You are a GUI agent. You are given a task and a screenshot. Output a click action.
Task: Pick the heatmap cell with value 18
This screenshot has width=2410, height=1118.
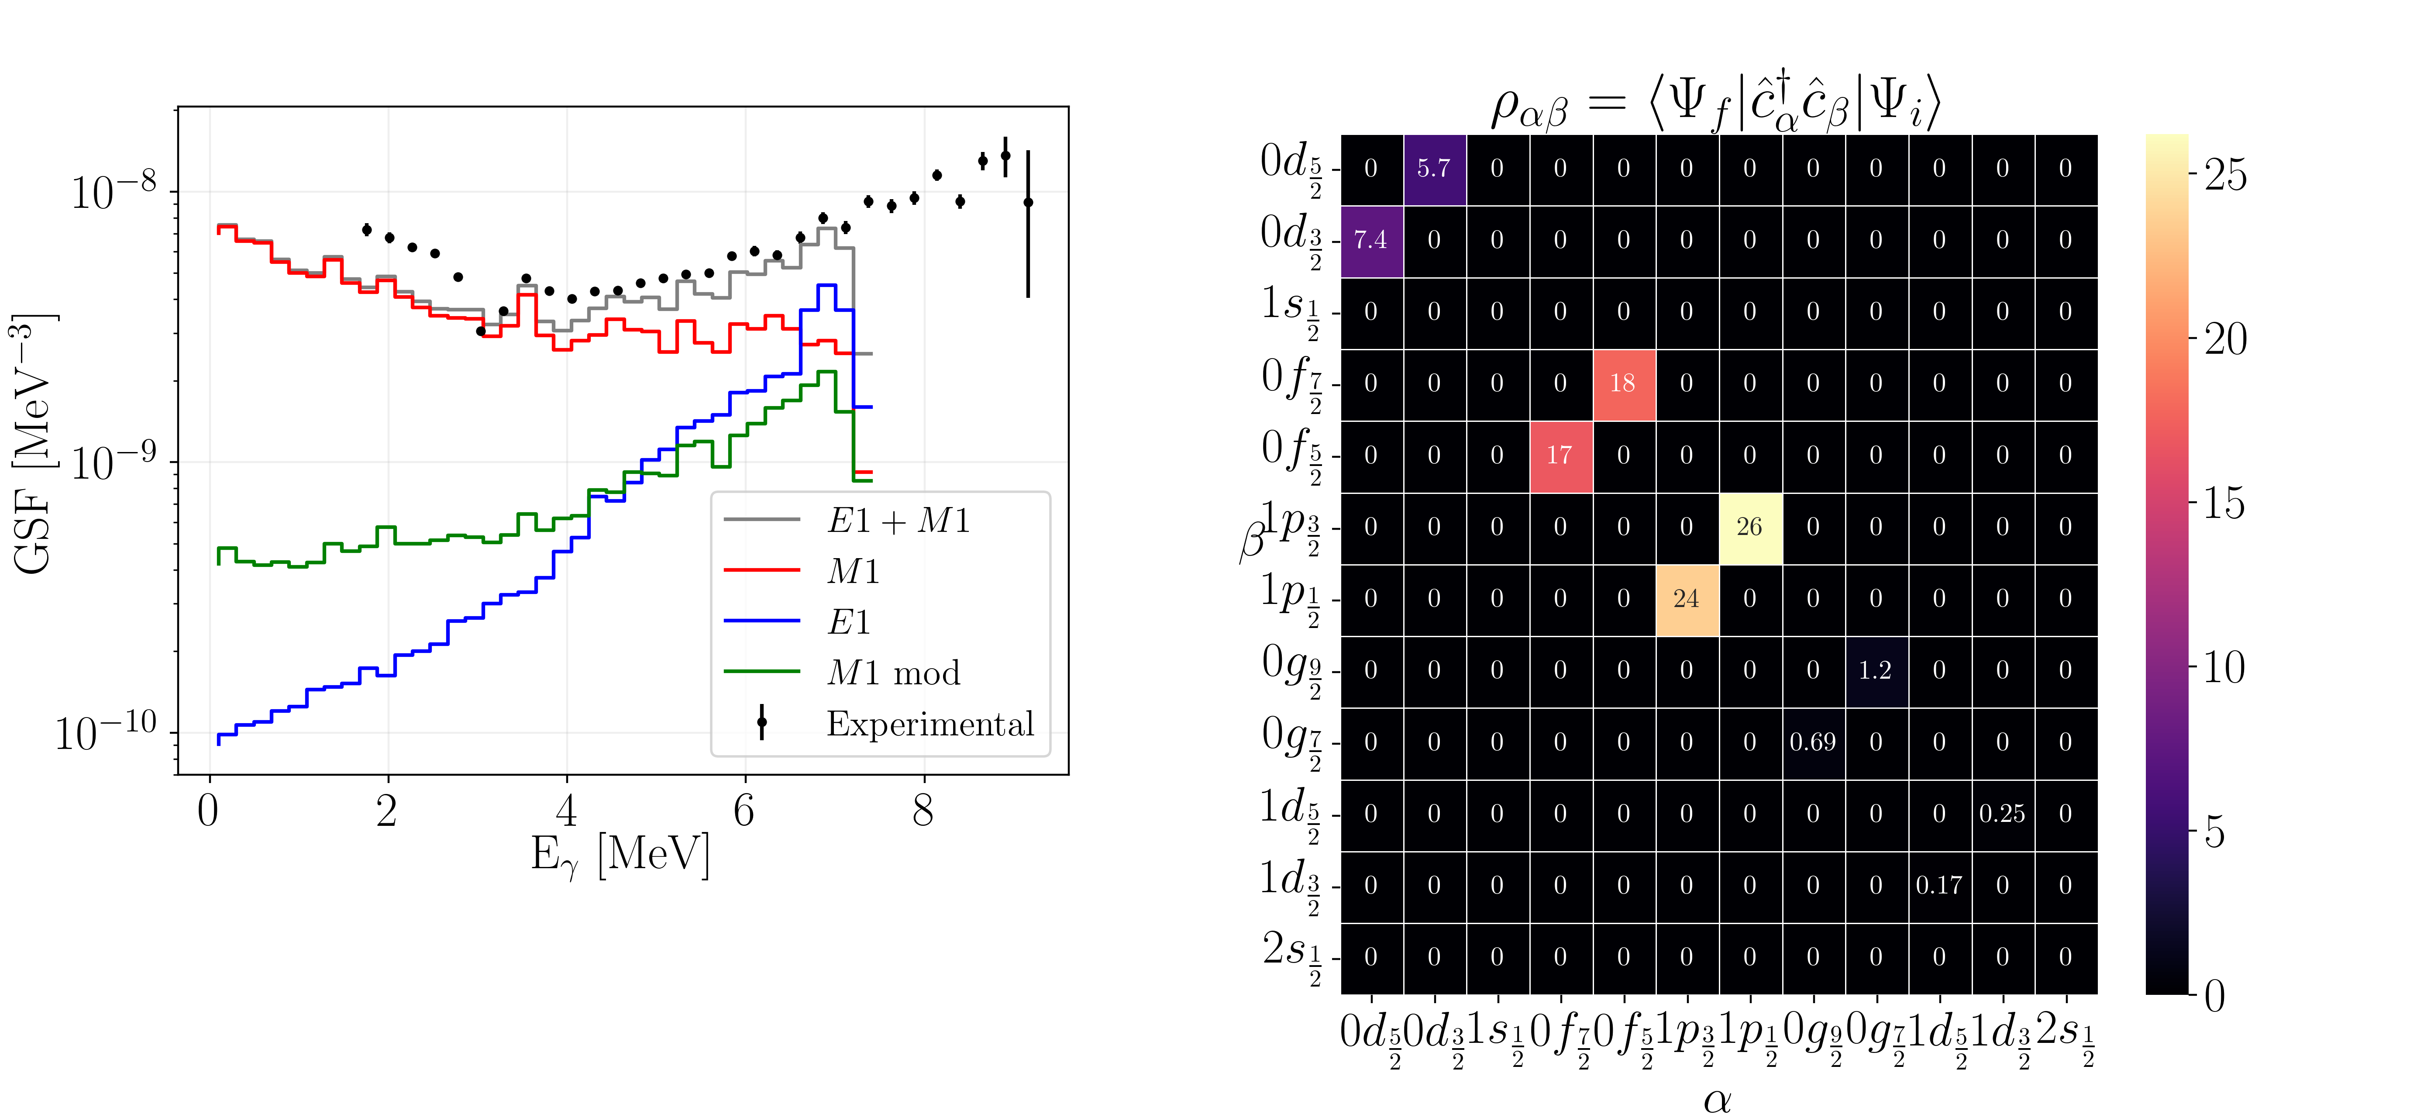pyautogui.click(x=1623, y=383)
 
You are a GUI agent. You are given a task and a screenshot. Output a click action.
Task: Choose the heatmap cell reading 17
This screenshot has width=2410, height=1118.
pyautogui.click(x=1560, y=455)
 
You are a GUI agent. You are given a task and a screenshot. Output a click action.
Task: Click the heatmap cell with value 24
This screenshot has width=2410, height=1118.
pyautogui.click(x=1686, y=599)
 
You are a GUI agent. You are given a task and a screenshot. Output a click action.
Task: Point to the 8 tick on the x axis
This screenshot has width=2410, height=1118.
pyautogui.click(x=923, y=810)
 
